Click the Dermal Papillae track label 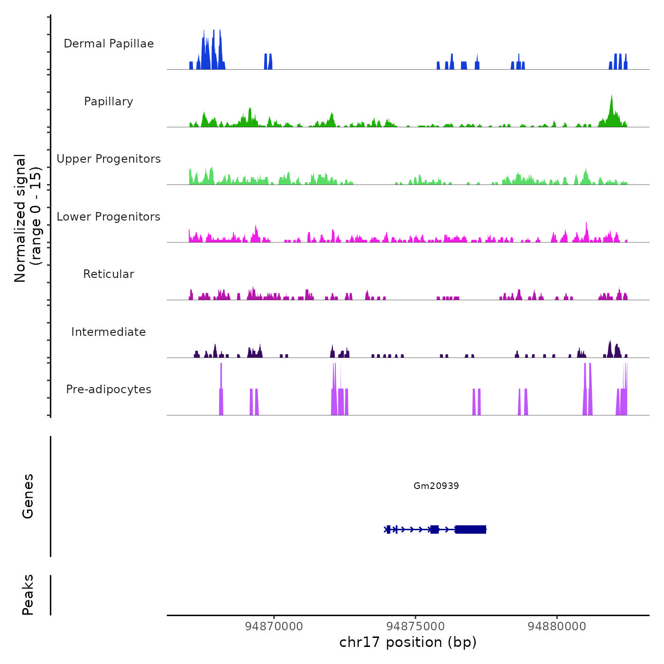pos(109,44)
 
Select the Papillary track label pos(109,101)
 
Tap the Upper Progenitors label pos(109,159)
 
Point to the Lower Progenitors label pos(109,217)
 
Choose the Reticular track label pos(109,274)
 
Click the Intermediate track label pos(109,332)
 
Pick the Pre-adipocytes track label pos(109,389)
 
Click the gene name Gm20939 pos(436,486)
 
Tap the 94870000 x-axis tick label pos(274,627)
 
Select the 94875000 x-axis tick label pos(415,627)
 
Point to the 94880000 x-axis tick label pos(557,627)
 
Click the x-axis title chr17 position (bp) pos(408,643)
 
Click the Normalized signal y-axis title pos(28,218)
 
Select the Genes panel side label pos(28,496)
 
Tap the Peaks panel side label pos(28,595)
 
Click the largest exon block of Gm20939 pos(470,529)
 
